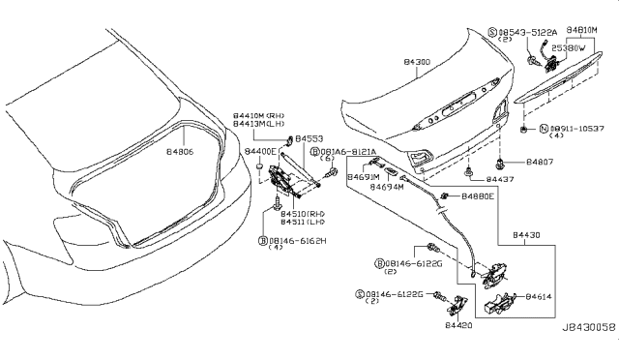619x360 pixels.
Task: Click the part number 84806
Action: [182, 152]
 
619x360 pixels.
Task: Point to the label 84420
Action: [460, 327]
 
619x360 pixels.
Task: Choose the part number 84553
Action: [309, 138]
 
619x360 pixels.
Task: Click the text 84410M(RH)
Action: [258, 115]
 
